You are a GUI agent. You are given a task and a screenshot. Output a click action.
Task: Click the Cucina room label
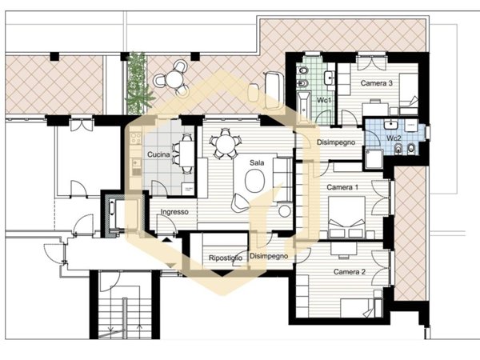point(158,154)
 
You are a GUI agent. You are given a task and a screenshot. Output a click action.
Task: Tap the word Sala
point(257,162)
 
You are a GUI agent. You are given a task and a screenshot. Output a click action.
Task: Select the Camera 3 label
point(376,83)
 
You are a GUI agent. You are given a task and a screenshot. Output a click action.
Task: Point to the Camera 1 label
point(342,187)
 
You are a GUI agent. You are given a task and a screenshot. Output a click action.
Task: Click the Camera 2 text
point(350,272)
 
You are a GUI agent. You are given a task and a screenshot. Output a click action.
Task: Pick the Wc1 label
point(324,100)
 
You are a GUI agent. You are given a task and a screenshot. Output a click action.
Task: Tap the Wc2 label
point(394,138)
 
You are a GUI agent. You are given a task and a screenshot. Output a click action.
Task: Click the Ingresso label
point(174,212)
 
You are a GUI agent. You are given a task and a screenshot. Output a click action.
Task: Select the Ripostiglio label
point(226,258)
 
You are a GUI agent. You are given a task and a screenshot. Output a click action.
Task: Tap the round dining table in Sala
point(225,143)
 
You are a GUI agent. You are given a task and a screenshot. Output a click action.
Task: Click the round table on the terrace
point(174,79)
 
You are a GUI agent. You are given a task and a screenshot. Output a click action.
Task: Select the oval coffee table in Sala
point(254,181)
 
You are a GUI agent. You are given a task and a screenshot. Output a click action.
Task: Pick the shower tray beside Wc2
point(373,158)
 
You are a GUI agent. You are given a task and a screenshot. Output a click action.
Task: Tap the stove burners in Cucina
point(136,138)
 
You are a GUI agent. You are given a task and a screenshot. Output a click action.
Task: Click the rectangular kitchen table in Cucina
point(186,154)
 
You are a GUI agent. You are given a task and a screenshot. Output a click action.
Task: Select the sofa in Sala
point(282,180)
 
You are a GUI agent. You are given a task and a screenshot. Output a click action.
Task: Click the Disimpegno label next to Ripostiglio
point(269,256)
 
